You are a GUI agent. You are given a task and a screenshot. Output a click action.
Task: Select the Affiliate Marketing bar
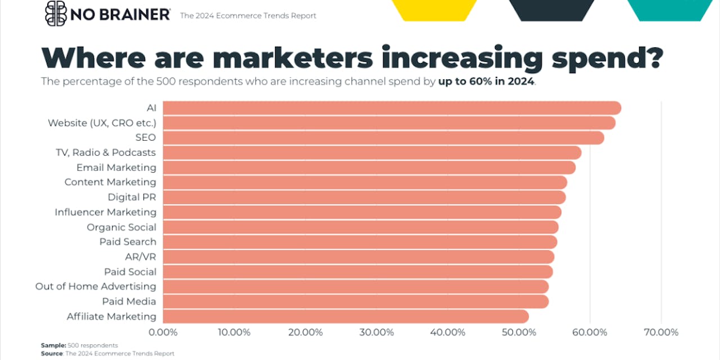(x=345, y=316)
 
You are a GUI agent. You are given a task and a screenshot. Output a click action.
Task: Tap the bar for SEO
(x=383, y=138)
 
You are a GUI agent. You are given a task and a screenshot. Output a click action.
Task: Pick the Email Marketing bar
(x=369, y=168)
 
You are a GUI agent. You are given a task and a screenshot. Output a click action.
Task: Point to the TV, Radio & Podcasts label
(x=106, y=152)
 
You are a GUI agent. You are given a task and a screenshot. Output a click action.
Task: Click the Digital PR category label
(x=132, y=197)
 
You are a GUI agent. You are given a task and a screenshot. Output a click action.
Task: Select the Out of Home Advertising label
(x=96, y=286)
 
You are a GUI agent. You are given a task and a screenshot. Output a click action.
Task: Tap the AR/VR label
(x=141, y=256)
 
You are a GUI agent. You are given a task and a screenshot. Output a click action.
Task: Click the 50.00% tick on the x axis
(x=518, y=332)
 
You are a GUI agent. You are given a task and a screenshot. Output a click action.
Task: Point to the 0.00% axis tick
(x=163, y=332)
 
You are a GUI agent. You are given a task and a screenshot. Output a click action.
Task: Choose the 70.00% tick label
(x=661, y=332)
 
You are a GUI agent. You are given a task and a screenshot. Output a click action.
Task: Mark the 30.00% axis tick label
(x=376, y=332)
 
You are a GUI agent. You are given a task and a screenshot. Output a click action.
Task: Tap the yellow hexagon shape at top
(x=434, y=10)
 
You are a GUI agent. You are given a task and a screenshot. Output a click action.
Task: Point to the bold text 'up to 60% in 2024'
(x=486, y=82)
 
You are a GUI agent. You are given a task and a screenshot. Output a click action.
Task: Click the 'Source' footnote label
(x=52, y=353)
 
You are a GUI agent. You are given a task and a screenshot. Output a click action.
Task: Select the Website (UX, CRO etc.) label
(x=102, y=123)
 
